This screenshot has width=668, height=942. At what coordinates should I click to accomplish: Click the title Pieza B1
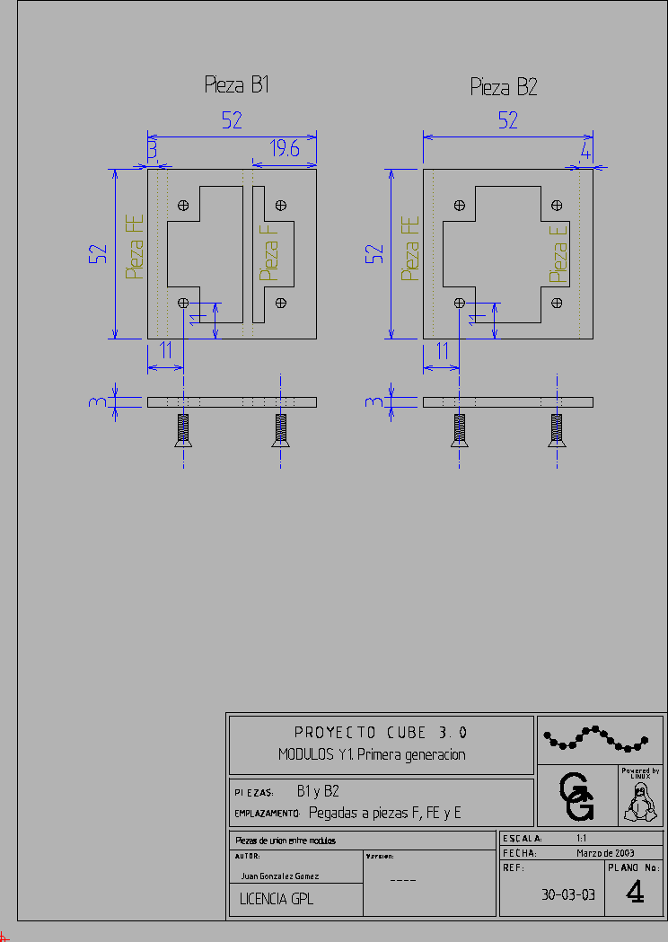tap(237, 85)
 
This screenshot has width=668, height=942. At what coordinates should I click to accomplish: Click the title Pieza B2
tap(504, 87)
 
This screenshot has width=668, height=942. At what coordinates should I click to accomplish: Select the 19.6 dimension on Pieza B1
tap(285, 150)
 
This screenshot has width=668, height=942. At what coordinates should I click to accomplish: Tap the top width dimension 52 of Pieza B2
tap(508, 119)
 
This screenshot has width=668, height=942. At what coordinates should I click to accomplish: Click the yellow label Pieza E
tap(558, 253)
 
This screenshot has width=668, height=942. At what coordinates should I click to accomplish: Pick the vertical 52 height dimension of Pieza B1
tap(98, 253)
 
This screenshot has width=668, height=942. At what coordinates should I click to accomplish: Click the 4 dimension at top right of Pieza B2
tap(586, 151)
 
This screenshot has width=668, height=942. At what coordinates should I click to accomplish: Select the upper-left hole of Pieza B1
tap(184, 205)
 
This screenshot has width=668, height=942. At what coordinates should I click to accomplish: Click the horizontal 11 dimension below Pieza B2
tap(441, 351)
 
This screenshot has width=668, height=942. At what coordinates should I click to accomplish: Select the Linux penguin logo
tap(640, 801)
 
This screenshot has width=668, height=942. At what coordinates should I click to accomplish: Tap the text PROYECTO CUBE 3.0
tap(381, 732)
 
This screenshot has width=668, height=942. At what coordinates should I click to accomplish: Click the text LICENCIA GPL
tap(277, 898)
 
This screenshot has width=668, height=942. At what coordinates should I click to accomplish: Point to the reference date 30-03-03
tap(568, 894)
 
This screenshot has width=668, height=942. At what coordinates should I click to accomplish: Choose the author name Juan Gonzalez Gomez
tap(280, 876)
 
